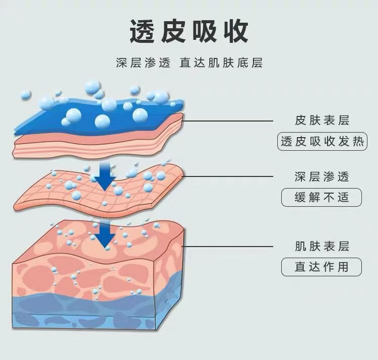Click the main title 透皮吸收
(x=188, y=32)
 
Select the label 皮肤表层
(x=322, y=121)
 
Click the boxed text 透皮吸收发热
(x=322, y=142)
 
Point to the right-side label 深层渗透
(x=322, y=176)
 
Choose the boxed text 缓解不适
(x=322, y=197)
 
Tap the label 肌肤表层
(x=322, y=246)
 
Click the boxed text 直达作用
(x=322, y=267)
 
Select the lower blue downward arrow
(x=105, y=235)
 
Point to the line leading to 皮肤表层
(x=227, y=121)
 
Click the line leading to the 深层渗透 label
(x=227, y=176)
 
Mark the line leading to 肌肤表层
(x=227, y=246)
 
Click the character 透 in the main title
(x=142, y=32)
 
